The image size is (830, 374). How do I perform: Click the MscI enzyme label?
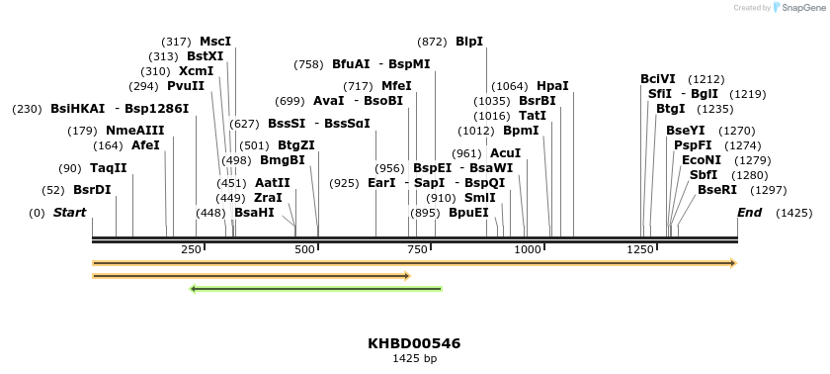point(215,42)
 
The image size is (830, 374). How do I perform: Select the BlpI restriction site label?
point(469,42)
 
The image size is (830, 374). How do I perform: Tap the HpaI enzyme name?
point(552,86)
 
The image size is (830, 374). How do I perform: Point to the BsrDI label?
point(92,190)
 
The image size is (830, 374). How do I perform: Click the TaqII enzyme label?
point(109,168)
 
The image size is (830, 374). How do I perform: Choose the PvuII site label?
point(186,86)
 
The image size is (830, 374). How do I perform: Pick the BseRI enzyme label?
point(717,190)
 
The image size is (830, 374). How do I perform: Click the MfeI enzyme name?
point(396,86)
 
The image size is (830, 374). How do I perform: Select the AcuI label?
point(505,153)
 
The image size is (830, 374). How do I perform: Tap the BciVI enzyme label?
point(658,79)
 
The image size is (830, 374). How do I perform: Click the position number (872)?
point(432,42)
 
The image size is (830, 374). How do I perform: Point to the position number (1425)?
point(793,213)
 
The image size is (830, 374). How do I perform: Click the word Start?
point(69,213)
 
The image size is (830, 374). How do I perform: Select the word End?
point(750,213)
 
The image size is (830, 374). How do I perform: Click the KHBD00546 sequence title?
point(414,343)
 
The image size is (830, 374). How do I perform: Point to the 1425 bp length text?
point(414,358)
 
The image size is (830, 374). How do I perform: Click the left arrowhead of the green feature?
point(194,289)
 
